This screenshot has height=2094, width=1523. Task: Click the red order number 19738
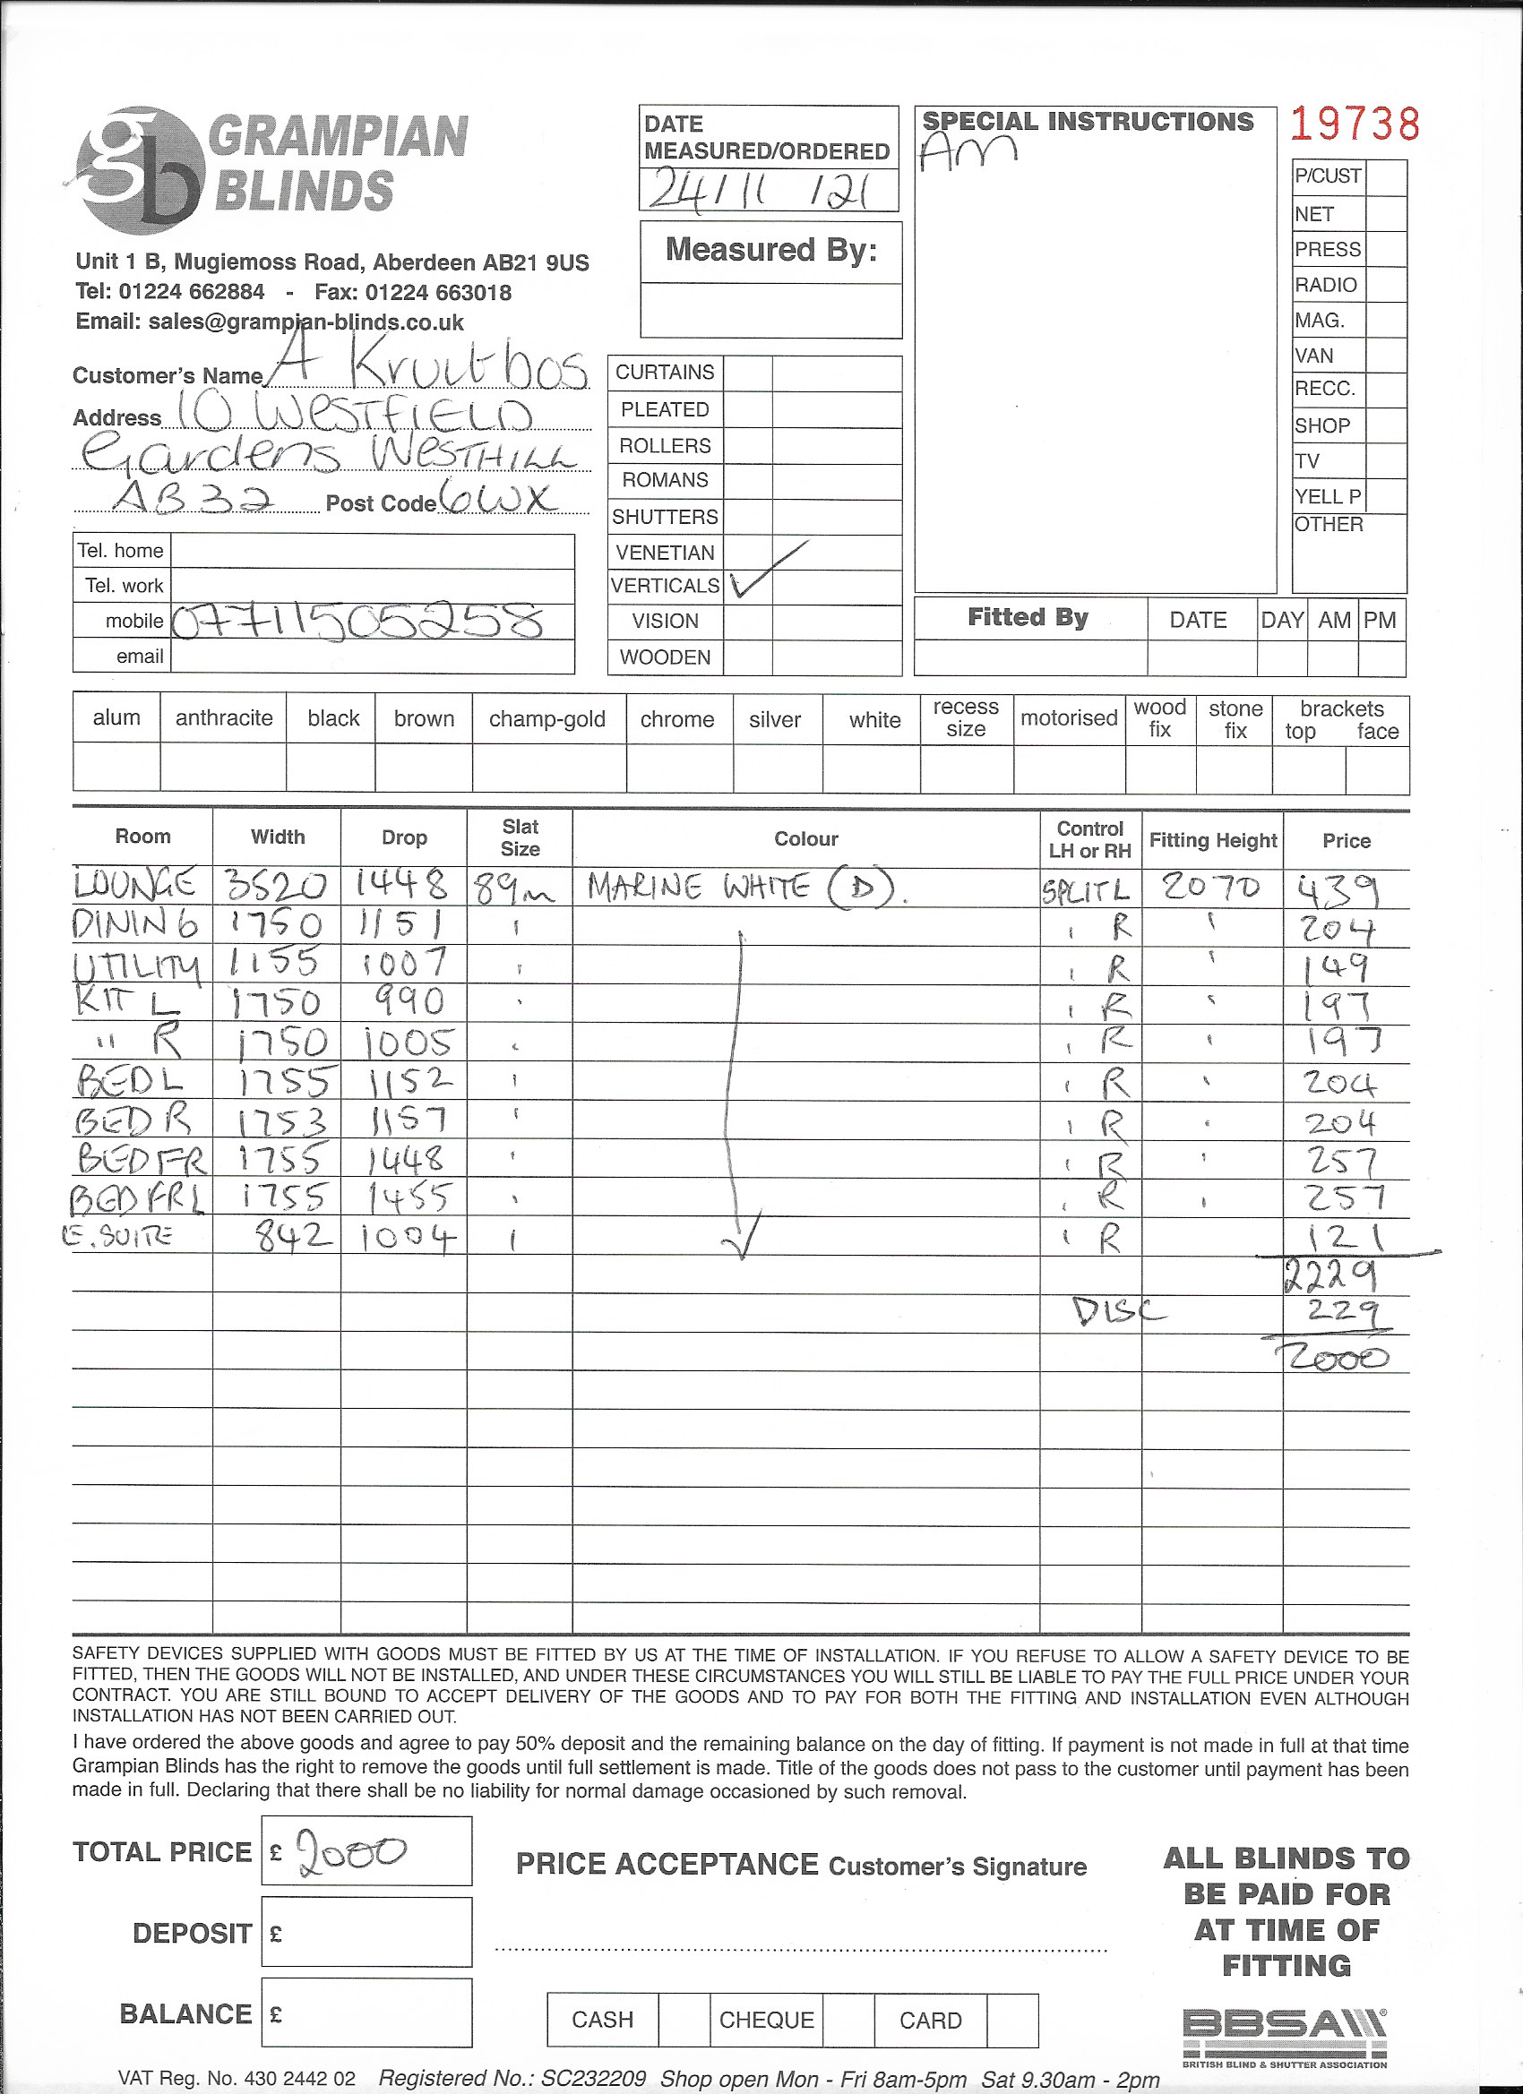pos(1354,124)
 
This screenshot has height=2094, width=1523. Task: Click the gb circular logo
pos(141,170)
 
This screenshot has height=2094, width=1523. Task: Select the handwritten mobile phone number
pos(358,622)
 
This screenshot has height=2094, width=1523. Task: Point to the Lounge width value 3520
pos(275,887)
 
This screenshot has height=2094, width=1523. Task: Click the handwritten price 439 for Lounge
pos(1338,890)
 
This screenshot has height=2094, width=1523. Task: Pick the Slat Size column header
pos(520,837)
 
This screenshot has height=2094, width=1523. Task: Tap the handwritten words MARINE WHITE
pos(697,888)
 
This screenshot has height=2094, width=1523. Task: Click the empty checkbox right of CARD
pos(1012,2021)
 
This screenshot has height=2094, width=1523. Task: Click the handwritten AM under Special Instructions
pos(967,151)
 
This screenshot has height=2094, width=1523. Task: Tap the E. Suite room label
pos(116,1235)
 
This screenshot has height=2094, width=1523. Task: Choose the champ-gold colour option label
pos(546,719)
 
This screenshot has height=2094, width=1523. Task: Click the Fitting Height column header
pos(1213,840)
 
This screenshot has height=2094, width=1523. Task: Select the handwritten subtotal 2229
pos(1331,1276)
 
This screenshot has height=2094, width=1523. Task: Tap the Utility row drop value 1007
pos(405,964)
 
